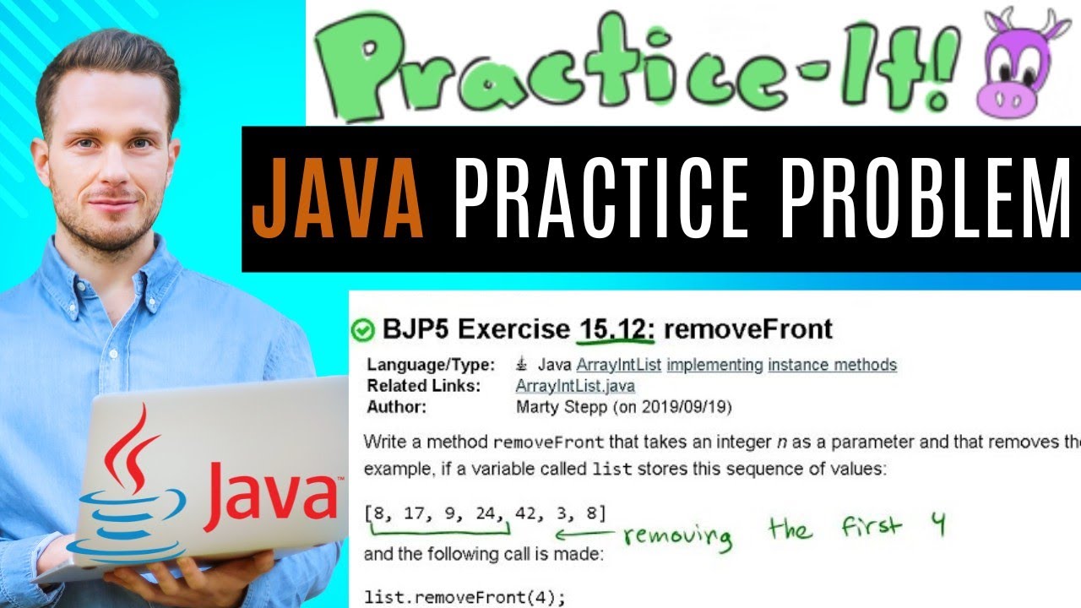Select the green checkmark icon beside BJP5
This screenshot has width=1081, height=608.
[x=362, y=330]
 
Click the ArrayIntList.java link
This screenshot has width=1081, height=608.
[x=575, y=386]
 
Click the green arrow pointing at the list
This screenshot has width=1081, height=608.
[x=584, y=534]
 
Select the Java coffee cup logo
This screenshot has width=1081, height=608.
[x=126, y=490]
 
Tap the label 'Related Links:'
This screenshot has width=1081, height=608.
[x=417, y=386]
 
